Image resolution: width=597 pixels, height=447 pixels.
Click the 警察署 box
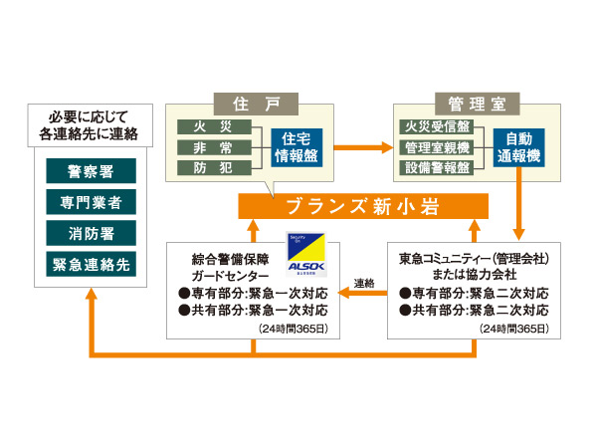[91, 171]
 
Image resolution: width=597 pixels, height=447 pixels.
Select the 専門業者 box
[91, 202]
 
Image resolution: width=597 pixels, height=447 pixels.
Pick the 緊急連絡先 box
[91, 265]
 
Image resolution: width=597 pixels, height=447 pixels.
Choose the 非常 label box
[210, 148]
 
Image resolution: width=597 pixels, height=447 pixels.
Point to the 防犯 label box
[210, 168]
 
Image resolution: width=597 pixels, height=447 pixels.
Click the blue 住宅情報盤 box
[297, 148]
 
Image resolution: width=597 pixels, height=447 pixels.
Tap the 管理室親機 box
[437, 148]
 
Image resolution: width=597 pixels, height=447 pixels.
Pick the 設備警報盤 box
[437, 168]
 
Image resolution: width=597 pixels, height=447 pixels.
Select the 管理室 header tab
[472, 104]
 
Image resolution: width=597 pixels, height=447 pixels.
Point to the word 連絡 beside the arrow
[364, 284]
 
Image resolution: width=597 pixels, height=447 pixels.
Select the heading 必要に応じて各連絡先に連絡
[91, 123]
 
